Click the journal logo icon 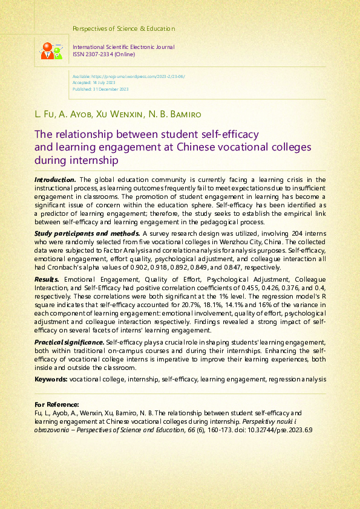click(51, 50)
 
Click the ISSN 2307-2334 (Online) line click(103, 54)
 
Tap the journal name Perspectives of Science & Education click(123, 28)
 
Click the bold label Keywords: click(51, 379)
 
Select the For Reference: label click(57, 404)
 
